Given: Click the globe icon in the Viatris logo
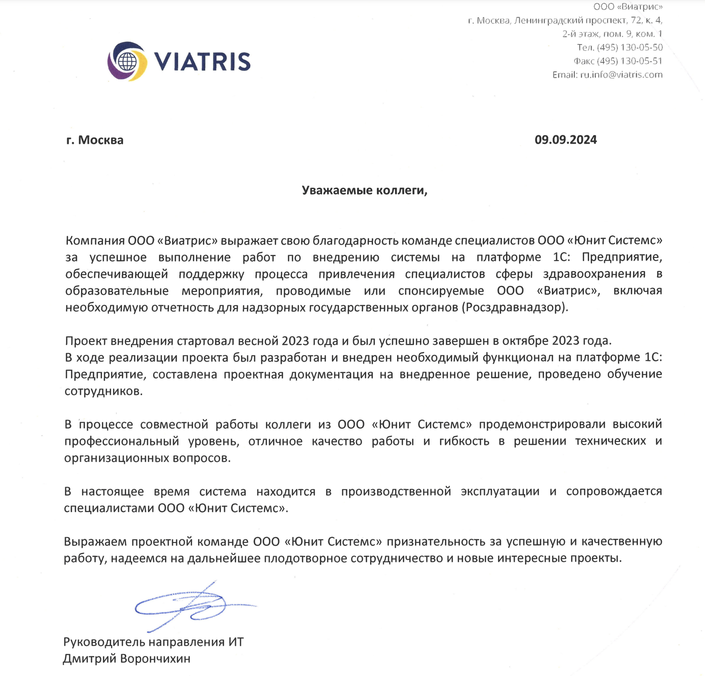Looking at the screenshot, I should pyautogui.click(x=127, y=61).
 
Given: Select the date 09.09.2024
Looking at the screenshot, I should pyautogui.click(x=565, y=140).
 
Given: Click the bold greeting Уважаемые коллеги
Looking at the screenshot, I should pyautogui.click(x=364, y=190).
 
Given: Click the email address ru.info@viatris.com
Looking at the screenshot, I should pyautogui.click(x=621, y=75).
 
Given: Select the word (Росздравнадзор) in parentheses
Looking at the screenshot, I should pyautogui.click(x=515, y=307).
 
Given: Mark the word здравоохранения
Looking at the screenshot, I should pyautogui.click(x=594, y=274).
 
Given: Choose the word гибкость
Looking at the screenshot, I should pyautogui.click(x=464, y=441).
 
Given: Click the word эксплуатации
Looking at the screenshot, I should pyautogui.click(x=500, y=492).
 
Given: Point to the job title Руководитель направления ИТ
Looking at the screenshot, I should pyautogui.click(x=153, y=642).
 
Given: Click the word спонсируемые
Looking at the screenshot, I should pyautogui.click(x=441, y=291).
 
